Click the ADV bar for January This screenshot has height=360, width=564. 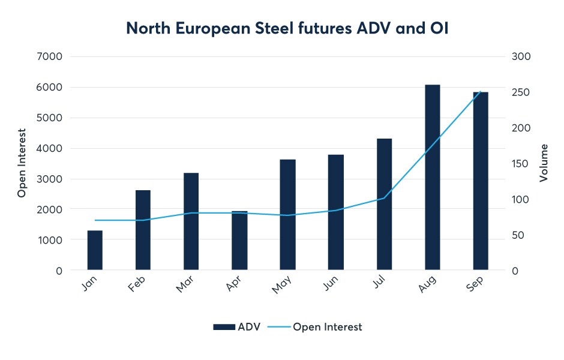95,250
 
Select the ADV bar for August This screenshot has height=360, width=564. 433,178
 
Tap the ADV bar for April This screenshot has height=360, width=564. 239,241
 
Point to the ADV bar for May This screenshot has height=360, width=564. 287,215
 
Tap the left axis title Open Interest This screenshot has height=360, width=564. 22,163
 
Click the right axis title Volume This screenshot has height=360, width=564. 544,163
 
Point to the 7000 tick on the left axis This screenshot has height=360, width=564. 50,56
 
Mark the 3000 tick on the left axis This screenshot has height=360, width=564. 50,179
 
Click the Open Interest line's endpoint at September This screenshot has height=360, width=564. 481,92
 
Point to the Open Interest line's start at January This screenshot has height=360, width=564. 95,220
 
